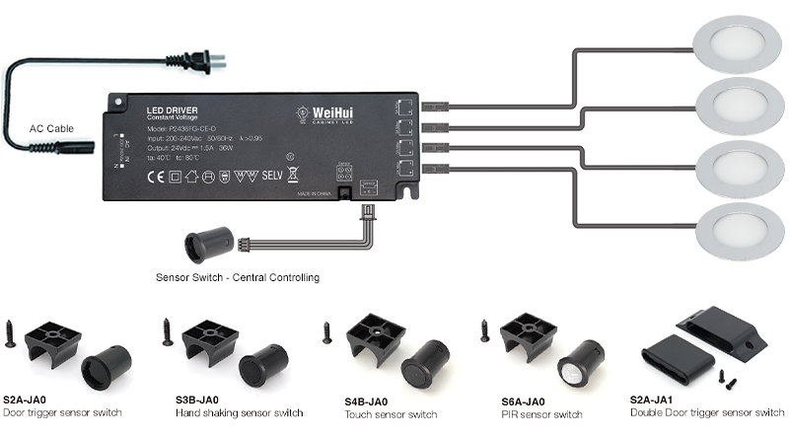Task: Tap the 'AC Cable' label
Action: (51, 128)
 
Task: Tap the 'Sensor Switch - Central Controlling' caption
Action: (238, 278)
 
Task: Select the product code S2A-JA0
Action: (27, 399)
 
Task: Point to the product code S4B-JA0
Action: (368, 401)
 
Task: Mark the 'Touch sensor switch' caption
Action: (391, 414)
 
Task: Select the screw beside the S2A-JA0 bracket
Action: (11, 332)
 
